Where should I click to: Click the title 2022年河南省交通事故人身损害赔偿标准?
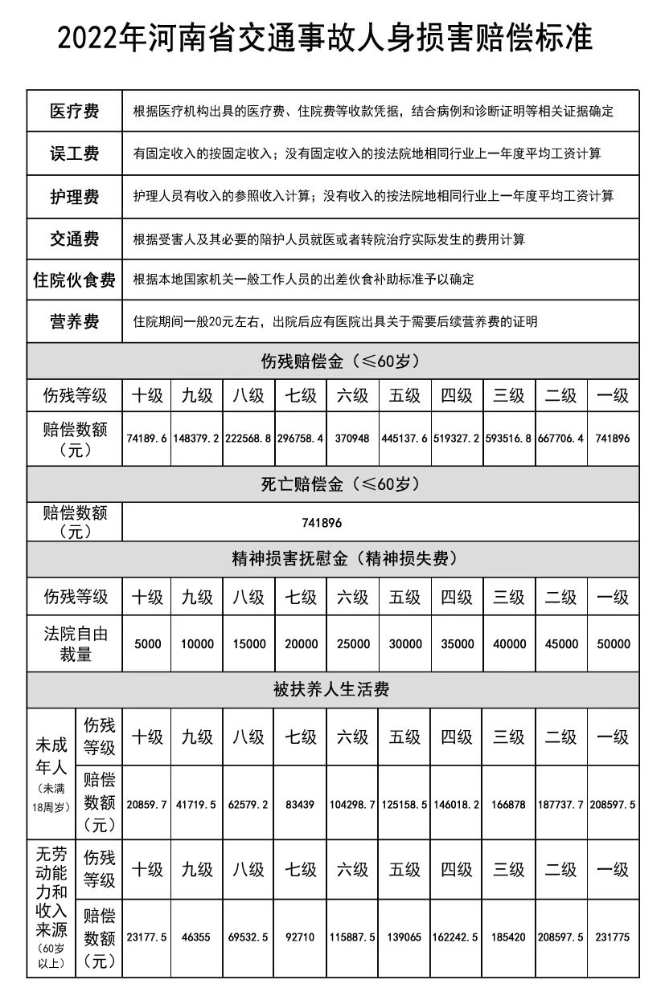325,38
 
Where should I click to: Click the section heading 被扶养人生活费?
331,689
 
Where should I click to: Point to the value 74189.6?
147,439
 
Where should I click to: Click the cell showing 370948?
352,439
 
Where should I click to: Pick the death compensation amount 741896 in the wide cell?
322,522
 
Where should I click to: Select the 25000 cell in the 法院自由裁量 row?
352,644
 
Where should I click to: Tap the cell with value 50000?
613,644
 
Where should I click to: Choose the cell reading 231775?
613,937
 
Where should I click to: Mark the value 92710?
301,937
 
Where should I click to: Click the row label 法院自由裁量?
75,644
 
